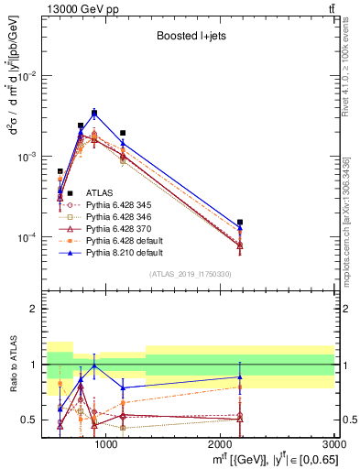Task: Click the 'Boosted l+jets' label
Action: pyautogui.click(x=189, y=37)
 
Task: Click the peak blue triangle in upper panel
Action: pyautogui.click(x=94, y=113)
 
